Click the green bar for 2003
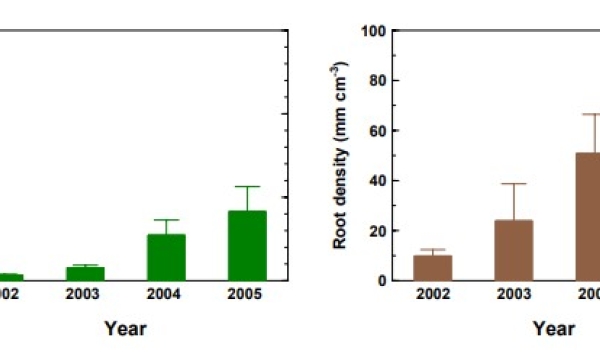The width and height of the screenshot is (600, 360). click(86, 273)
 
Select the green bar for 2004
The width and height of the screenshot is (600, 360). click(166, 257)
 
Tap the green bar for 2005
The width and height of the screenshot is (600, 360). click(246, 245)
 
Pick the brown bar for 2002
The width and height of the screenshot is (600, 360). click(433, 268)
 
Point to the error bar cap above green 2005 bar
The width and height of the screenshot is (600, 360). click(246, 186)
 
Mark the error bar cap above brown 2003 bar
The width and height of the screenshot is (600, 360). click(513, 184)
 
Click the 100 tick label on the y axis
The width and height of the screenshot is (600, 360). click(374, 31)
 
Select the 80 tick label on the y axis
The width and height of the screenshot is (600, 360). click(377, 81)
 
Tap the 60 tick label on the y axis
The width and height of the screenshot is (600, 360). click(377, 131)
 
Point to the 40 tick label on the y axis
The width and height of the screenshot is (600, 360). click(377, 181)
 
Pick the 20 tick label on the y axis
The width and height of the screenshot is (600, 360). click(377, 231)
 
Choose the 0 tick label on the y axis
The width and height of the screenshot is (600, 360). click(381, 281)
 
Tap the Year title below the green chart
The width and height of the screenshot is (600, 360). click(126, 328)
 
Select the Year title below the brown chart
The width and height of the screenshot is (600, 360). click(553, 328)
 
